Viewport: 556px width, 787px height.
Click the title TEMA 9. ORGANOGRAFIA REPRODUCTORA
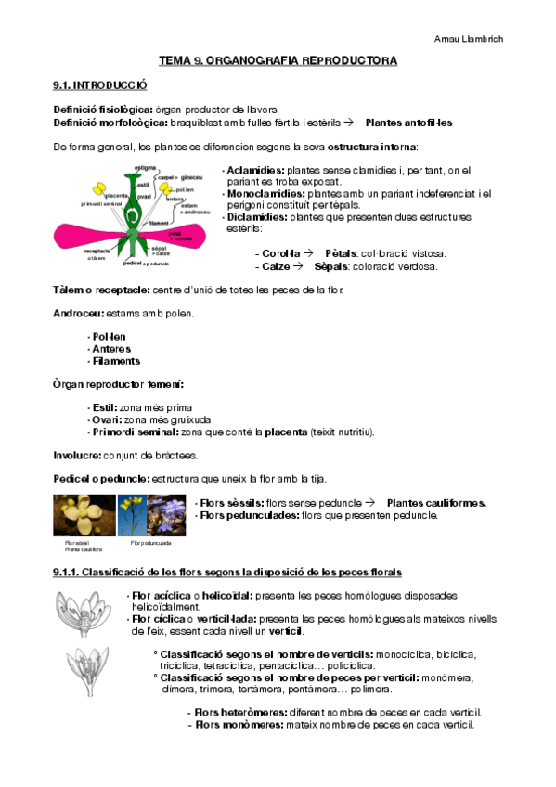[278, 60]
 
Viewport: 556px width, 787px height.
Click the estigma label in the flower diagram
[144, 167]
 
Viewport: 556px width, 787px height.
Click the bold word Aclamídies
[256, 171]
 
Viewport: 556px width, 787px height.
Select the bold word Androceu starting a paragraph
[79, 313]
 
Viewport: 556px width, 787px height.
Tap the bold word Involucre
[81, 455]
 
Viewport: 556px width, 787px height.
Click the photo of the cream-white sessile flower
[83, 515]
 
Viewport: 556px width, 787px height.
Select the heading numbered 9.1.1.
[227, 570]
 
